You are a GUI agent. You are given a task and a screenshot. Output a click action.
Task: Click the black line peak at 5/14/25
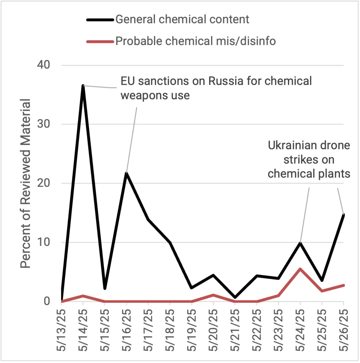(x=83, y=86)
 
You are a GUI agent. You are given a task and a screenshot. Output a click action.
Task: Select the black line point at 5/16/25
(x=126, y=173)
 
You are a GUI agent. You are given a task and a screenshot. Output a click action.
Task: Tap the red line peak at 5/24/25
(x=300, y=269)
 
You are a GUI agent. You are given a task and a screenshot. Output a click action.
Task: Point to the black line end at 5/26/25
(x=343, y=214)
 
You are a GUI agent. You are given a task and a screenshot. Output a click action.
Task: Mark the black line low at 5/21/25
(x=235, y=297)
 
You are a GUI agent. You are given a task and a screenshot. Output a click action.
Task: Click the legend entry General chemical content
(x=182, y=19)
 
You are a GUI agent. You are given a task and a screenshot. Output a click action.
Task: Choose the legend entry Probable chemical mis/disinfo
(x=195, y=41)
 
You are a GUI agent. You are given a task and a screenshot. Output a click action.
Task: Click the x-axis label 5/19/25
(x=192, y=330)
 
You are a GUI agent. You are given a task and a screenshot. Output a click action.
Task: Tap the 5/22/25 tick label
(x=257, y=330)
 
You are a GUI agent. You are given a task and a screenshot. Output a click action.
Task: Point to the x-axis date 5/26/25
(x=344, y=330)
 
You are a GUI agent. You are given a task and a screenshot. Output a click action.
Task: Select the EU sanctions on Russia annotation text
(x=216, y=88)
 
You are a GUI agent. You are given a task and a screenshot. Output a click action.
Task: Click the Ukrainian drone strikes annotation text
(x=309, y=160)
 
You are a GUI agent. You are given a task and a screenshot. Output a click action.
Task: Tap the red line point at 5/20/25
(x=213, y=295)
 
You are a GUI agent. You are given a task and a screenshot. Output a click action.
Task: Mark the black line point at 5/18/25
(x=170, y=243)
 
